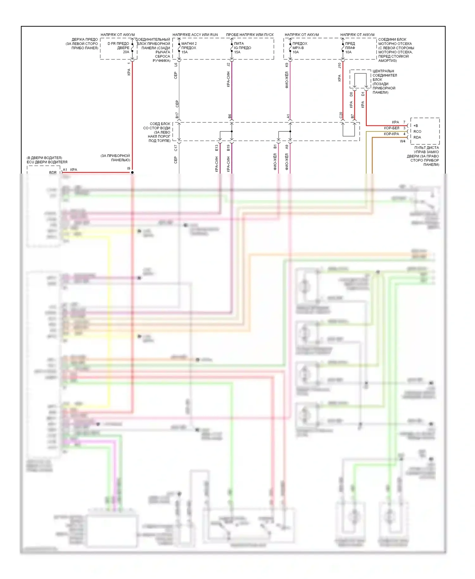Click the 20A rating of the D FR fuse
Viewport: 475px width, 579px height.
[x=126, y=52]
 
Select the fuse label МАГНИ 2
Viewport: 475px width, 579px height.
[x=189, y=43]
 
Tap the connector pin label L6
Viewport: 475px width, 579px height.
[x=176, y=65]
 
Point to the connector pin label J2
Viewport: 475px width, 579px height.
[x=228, y=65]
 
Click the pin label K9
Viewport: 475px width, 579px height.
[x=287, y=65]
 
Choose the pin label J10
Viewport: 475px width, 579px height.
[x=339, y=65]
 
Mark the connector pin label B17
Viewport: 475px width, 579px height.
[x=177, y=115]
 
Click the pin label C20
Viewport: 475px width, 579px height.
[x=341, y=115]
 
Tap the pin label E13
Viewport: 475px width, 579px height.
[x=217, y=148]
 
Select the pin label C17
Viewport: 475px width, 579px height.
[x=176, y=148]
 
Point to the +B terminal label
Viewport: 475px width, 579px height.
[x=415, y=126]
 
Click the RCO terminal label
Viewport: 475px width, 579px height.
[x=417, y=131]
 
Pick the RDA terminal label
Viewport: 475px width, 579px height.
[x=417, y=137]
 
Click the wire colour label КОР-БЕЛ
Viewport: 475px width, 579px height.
[x=391, y=128]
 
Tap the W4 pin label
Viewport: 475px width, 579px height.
[x=402, y=141]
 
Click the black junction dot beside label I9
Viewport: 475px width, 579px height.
[x=132, y=172]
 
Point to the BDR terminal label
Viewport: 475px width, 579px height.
[x=53, y=173]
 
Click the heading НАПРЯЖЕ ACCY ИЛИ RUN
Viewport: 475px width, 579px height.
[x=195, y=35]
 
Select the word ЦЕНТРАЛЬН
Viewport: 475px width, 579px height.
[x=383, y=71]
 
